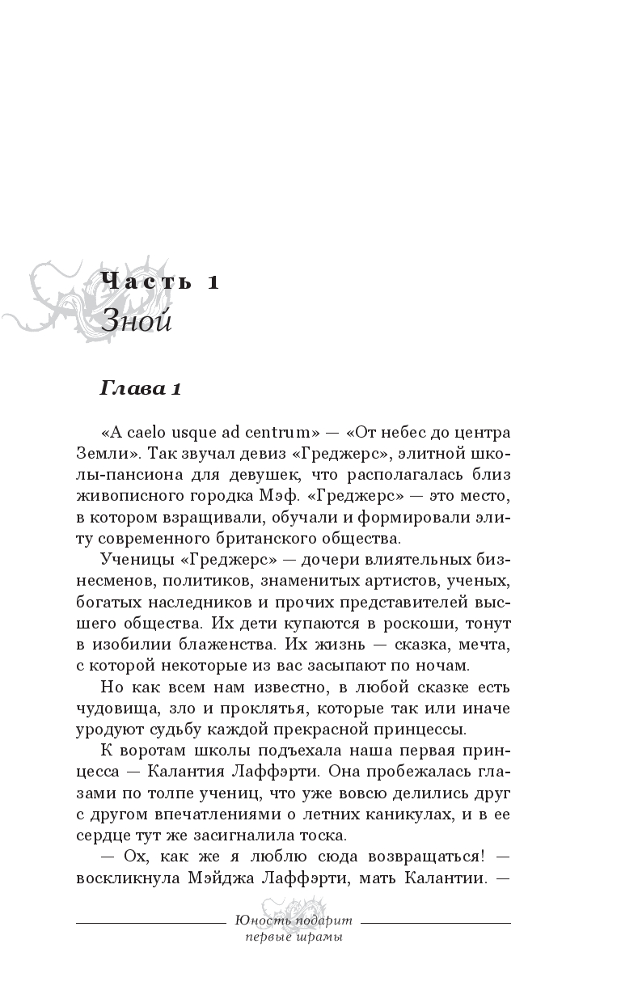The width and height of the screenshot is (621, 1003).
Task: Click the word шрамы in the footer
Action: point(319,937)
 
